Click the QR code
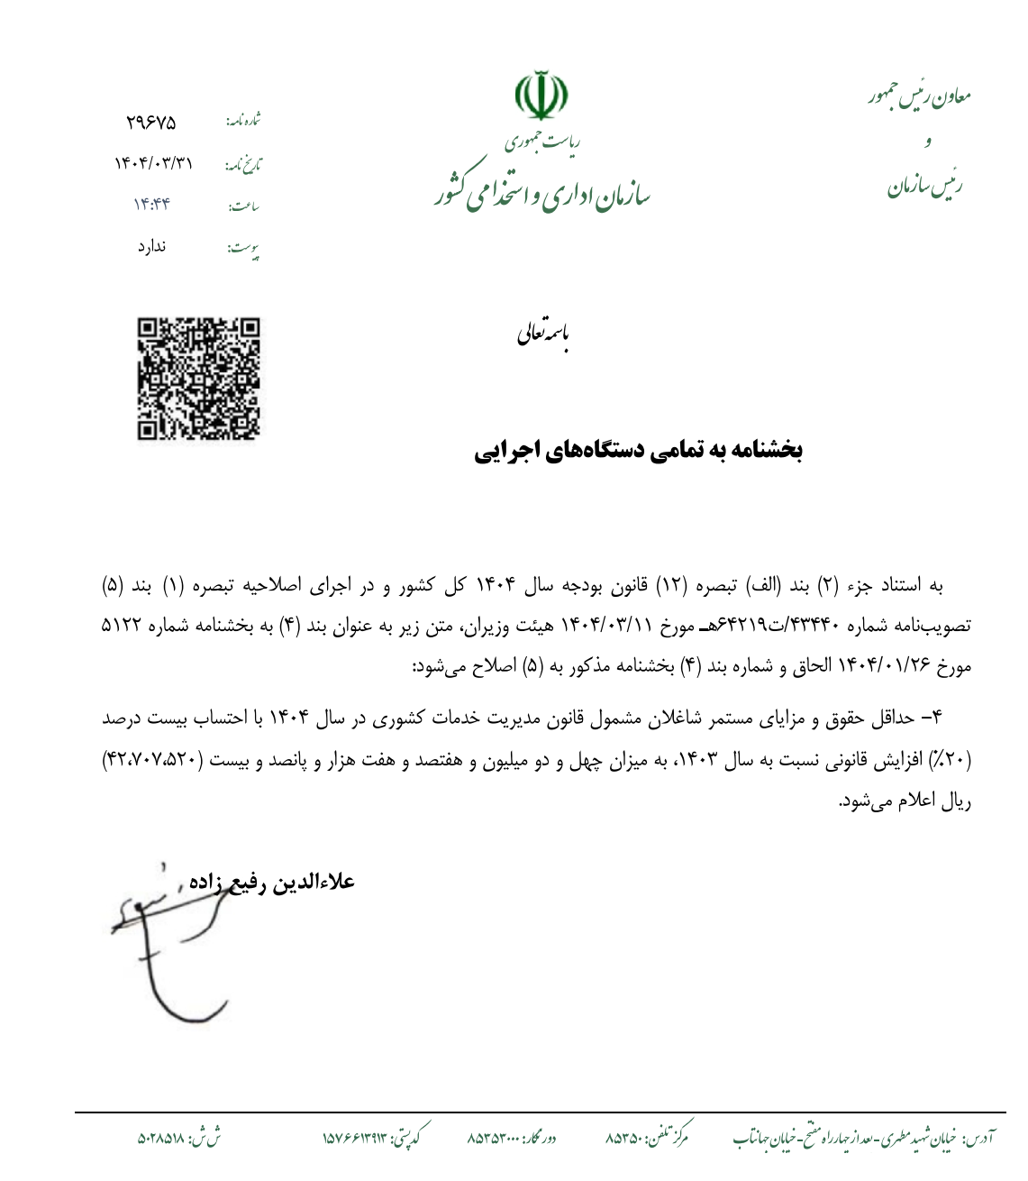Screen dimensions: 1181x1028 [198, 379]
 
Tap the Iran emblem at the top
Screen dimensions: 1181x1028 [541, 96]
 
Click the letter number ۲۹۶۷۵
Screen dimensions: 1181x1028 [151, 123]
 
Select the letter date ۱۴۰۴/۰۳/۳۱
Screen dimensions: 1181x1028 [153, 163]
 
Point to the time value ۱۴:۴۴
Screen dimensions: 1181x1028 [151, 205]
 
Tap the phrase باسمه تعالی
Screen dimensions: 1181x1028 [542, 334]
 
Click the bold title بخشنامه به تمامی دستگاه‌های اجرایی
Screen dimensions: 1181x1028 [638, 451]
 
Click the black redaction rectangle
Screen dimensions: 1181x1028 [741, 1058]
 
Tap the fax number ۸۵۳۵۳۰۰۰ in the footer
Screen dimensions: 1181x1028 [493, 1139]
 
